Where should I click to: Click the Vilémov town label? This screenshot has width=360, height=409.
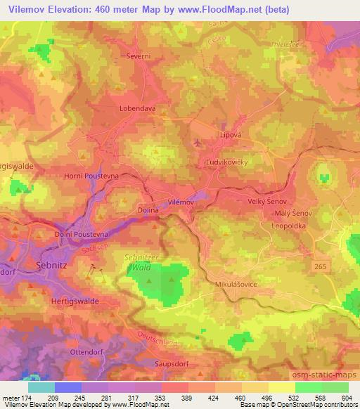click(180, 202)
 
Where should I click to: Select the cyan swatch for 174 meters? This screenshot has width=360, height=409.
click(41, 387)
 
